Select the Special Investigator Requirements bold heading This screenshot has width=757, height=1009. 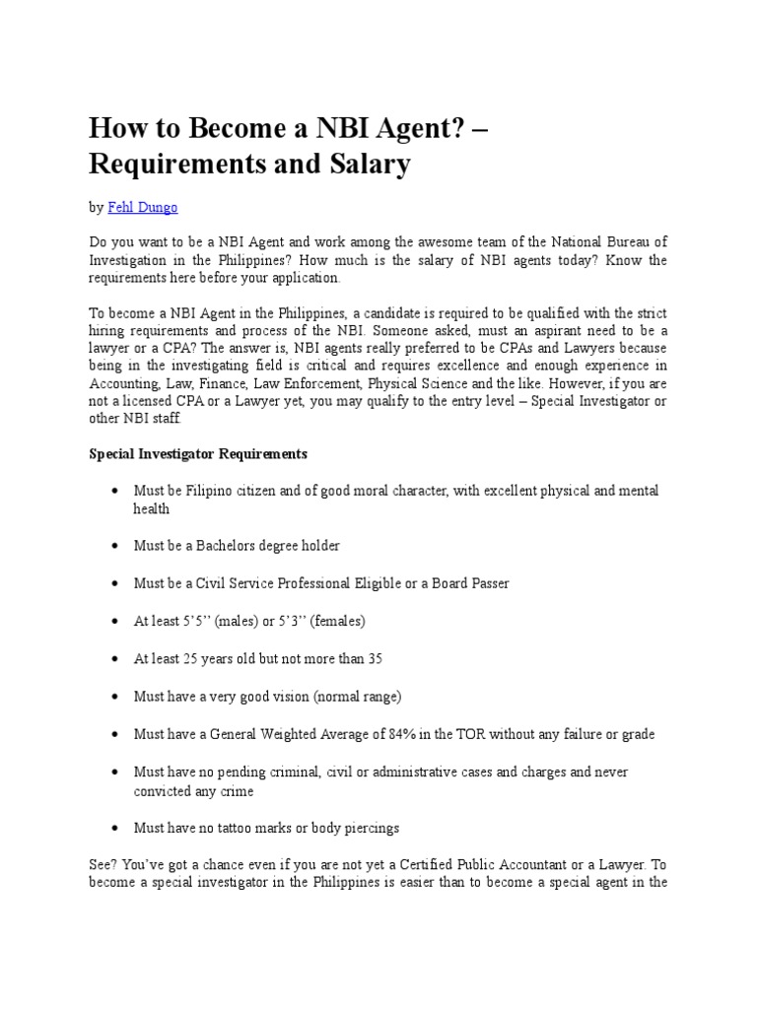point(198,454)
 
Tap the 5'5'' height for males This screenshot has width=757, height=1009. point(194,622)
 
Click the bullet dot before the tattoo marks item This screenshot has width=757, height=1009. point(115,829)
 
